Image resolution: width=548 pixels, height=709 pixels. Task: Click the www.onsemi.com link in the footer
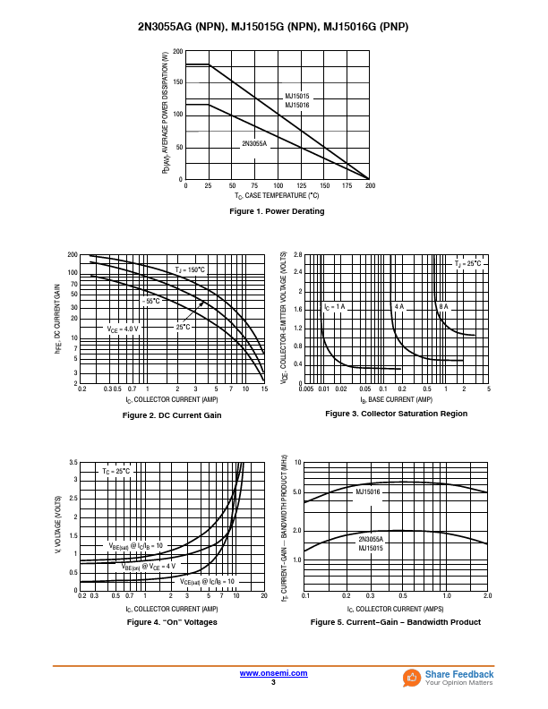tap(274, 672)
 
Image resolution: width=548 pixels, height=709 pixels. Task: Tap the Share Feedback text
tap(458, 674)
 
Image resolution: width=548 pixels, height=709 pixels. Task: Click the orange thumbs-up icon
tap(412, 678)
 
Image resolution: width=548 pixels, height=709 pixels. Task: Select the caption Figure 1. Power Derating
tap(277, 211)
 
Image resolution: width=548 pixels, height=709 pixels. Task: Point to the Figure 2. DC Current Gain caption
tap(172, 415)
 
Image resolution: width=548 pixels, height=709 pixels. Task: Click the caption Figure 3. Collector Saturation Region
tap(396, 414)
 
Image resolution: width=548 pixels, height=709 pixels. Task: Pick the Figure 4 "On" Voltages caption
tap(172, 622)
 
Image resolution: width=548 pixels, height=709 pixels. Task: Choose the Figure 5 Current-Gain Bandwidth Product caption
tap(396, 622)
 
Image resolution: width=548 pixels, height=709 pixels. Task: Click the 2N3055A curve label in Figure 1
tap(254, 143)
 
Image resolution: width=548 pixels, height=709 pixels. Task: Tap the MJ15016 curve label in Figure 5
tap(368, 492)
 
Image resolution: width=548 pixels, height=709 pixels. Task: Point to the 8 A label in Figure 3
tap(443, 307)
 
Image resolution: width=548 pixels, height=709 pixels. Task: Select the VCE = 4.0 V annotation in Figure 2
tap(124, 329)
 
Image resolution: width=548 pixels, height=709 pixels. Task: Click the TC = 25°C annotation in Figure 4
tap(116, 471)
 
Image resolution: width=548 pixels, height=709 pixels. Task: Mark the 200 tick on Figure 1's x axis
tap(370, 186)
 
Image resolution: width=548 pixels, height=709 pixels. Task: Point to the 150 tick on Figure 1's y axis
tap(178, 82)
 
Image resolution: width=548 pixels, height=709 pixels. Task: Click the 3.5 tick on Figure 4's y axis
tap(73, 463)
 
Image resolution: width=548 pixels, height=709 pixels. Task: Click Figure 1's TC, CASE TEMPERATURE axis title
tap(277, 195)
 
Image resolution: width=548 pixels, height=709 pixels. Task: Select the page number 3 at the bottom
tap(273, 682)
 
